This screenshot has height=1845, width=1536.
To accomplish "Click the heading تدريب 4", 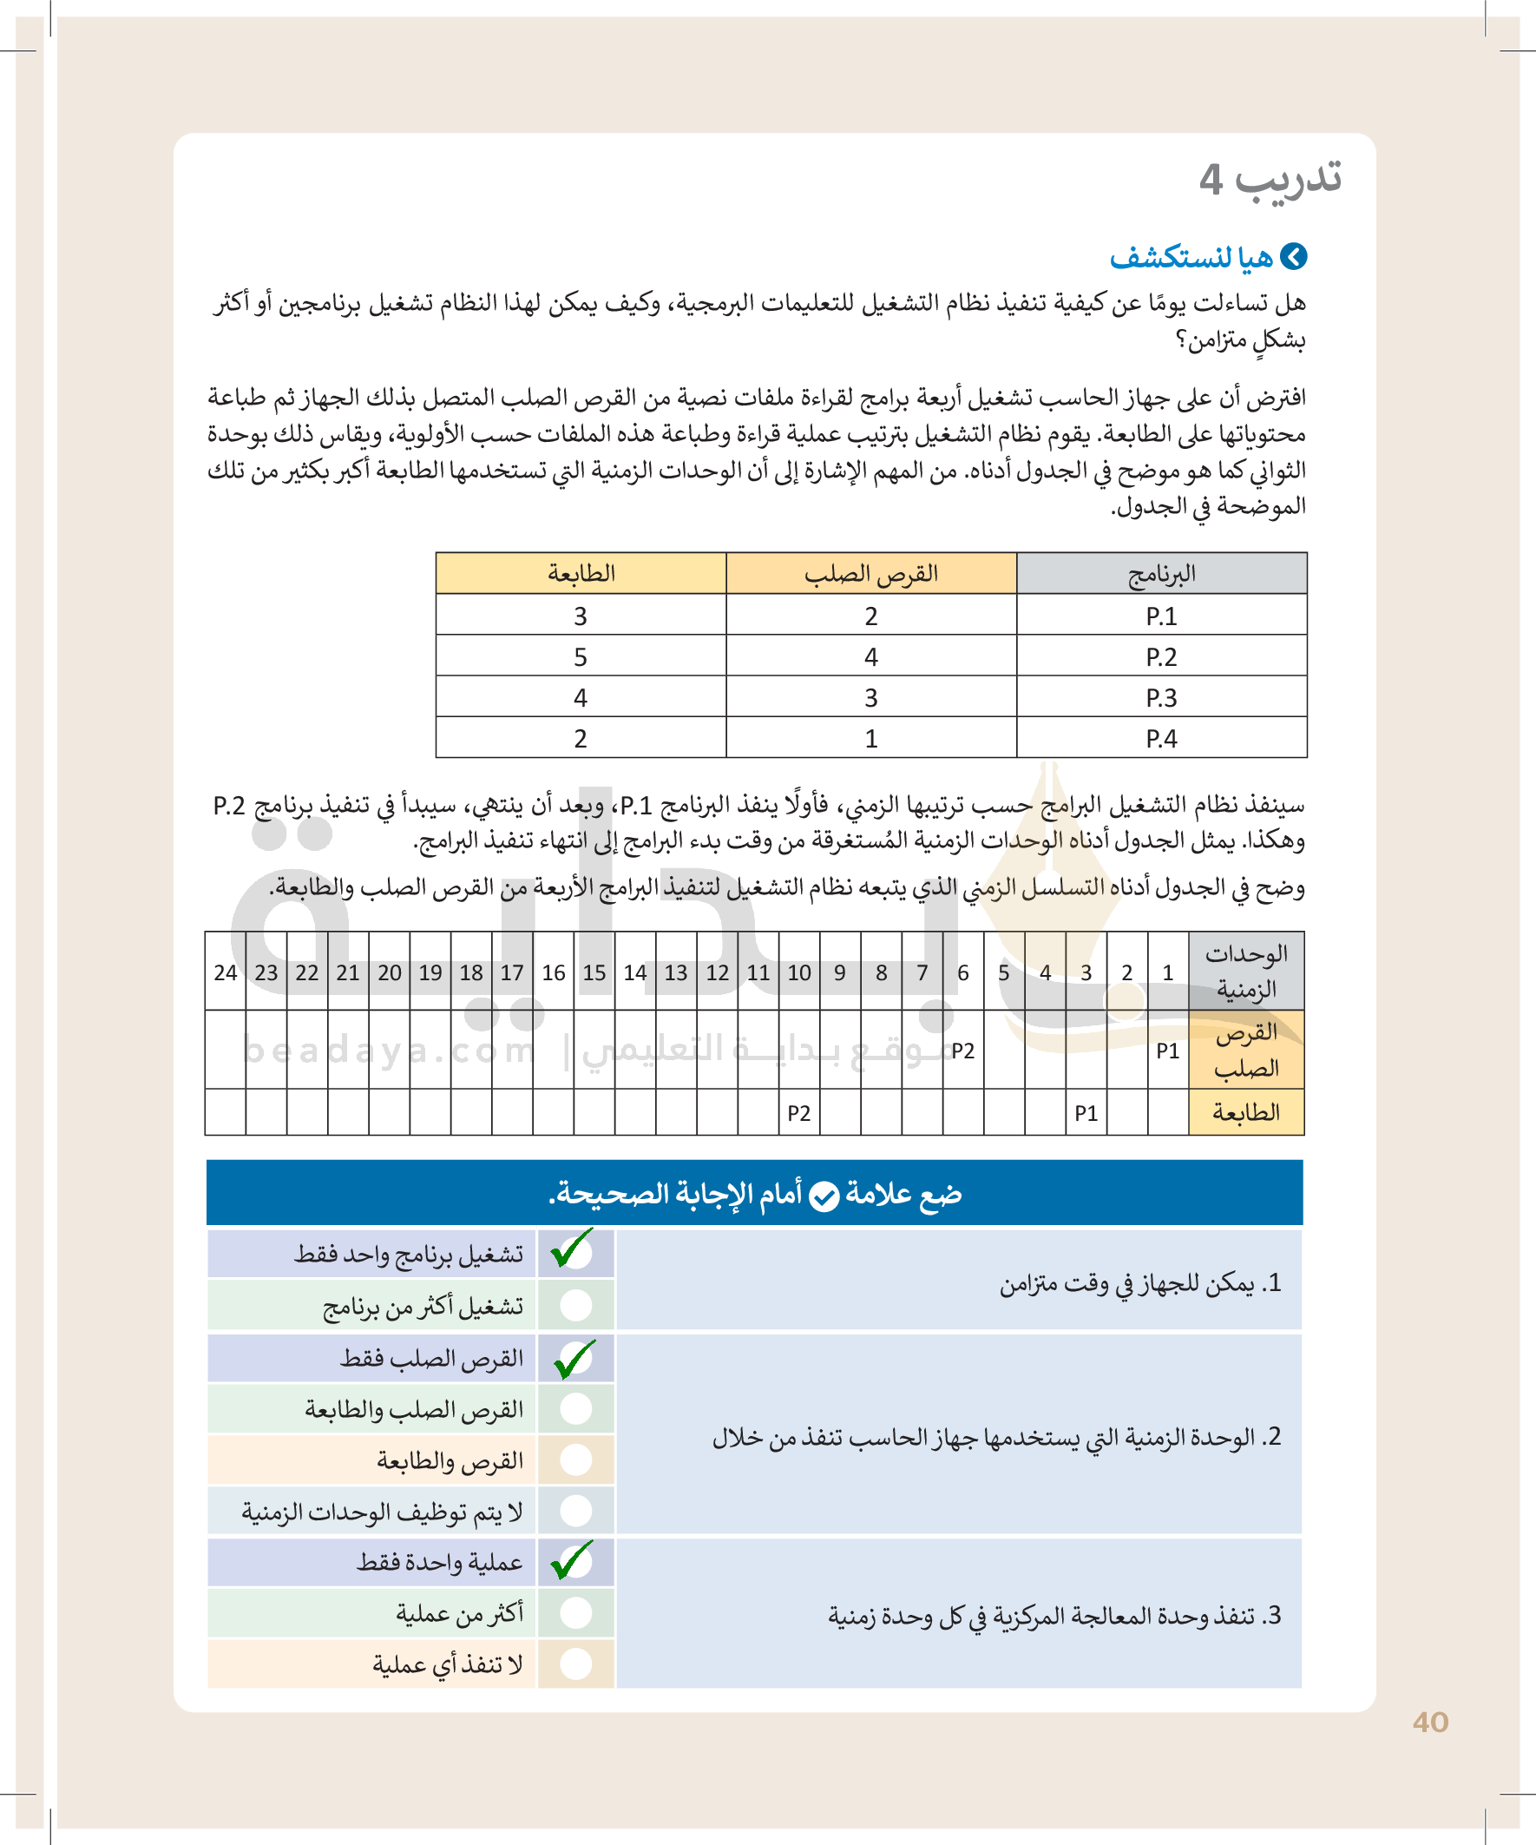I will coord(1270,179).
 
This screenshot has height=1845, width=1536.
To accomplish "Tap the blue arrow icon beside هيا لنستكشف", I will coord(1294,256).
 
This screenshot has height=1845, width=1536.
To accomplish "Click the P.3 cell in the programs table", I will coord(1161,697).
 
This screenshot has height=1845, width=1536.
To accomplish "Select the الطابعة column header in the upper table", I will coord(581,574).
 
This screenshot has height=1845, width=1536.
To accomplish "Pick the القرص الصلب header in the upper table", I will coord(870,574).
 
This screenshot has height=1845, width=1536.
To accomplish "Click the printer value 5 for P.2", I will coord(581,657).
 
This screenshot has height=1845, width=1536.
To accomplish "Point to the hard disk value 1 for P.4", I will coord(870,739).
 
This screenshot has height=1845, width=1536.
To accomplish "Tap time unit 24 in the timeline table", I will coord(226,972).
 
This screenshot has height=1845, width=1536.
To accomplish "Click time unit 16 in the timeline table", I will coord(554,972).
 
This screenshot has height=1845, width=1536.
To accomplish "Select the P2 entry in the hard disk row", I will coord(962,1051).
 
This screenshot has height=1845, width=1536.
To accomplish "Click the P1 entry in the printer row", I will coord(1086,1113).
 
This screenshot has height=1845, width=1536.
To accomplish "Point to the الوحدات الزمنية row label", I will coord(1246,972).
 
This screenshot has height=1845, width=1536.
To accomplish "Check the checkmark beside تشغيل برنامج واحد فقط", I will coord(574,1251).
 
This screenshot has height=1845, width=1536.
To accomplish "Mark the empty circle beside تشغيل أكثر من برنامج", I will coord(576,1305).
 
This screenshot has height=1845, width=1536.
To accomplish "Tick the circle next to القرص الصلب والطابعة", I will coord(576,1408).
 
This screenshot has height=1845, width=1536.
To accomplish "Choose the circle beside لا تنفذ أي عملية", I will coord(576,1664).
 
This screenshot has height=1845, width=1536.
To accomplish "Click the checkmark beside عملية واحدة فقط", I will coord(574,1560).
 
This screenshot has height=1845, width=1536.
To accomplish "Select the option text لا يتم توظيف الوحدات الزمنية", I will coord(383,1511).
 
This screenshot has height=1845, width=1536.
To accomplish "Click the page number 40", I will coord(1430,1722).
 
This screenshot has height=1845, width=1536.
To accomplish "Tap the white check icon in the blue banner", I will coord(824,1196).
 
